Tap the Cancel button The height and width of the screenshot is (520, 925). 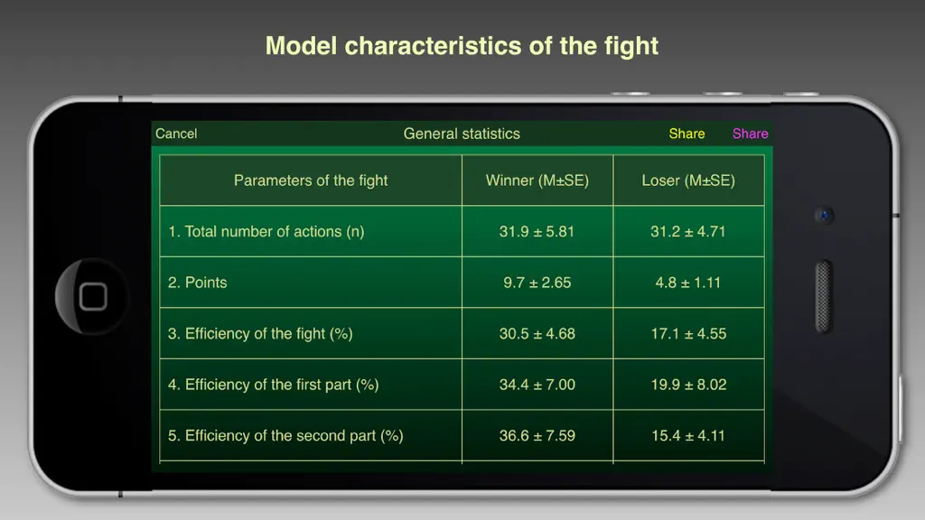[x=176, y=134]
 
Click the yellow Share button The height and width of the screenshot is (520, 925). [x=687, y=134]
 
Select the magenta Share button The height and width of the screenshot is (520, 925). [x=750, y=134]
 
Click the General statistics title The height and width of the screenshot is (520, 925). [x=462, y=134]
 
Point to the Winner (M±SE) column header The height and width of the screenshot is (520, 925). [x=537, y=181]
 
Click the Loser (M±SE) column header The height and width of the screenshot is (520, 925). [x=688, y=181]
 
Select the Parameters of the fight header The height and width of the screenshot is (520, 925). [x=311, y=181]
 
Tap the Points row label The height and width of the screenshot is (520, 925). [x=197, y=283]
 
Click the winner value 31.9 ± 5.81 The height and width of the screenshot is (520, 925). [x=537, y=231]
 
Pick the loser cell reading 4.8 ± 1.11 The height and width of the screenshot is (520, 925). [x=687, y=283]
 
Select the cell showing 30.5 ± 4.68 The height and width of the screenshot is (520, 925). [x=537, y=334]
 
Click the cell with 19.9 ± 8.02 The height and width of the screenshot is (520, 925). [x=688, y=385]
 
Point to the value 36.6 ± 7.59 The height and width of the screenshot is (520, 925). [x=537, y=436]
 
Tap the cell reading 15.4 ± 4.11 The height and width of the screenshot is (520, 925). [x=687, y=436]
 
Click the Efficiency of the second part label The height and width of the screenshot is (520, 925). [x=285, y=436]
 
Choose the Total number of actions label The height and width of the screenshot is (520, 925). [x=266, y=232]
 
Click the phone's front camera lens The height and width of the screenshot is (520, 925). [x=824, y=215]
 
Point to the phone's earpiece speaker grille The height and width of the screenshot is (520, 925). [x=824, y=296]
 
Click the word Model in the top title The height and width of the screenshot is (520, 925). [x=301, y=46]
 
